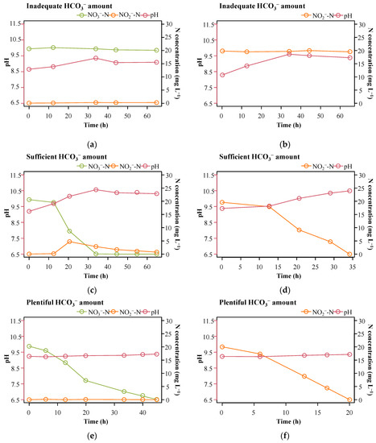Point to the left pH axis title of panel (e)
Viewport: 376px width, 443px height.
[6, 359]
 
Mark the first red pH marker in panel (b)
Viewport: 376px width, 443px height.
[222, 75]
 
